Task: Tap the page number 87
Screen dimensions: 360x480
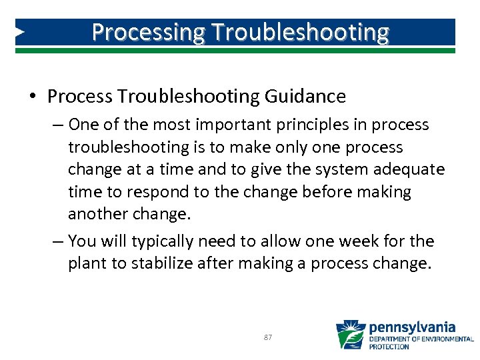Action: click(x=267, y=338)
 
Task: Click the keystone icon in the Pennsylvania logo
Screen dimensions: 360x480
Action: click(x=350, y=335)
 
